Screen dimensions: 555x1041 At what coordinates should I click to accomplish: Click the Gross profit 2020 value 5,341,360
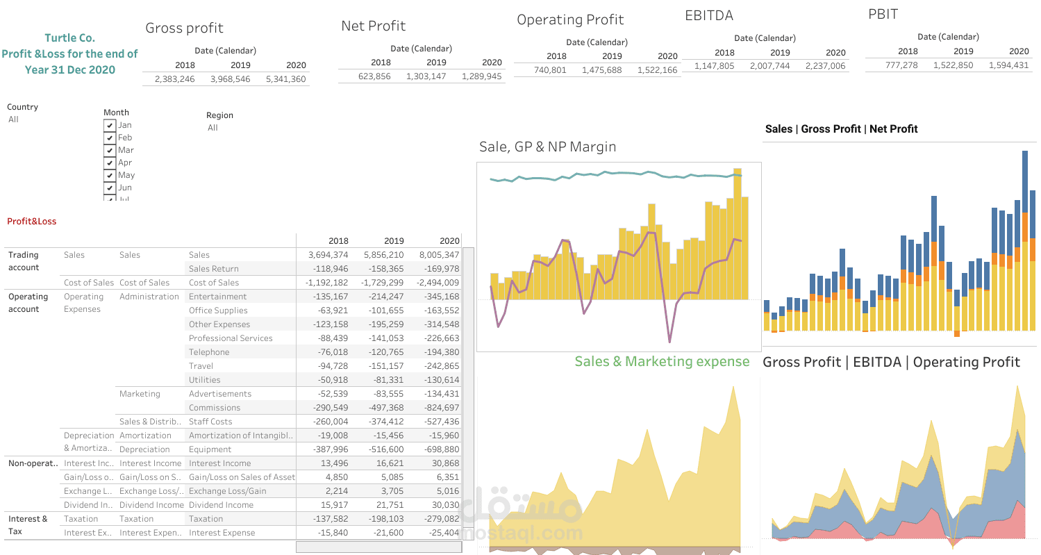pos(285,79)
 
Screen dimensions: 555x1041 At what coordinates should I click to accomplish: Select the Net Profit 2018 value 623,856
pos(374,76)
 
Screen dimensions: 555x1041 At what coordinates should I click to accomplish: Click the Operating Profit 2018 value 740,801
pos(550,70)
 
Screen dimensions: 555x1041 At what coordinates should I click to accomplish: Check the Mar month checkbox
pos(109,150)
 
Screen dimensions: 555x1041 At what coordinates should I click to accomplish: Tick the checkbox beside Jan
pos(109,125)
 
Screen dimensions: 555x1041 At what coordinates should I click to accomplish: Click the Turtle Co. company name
pos(69,38)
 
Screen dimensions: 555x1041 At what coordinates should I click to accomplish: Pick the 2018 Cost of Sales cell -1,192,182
pos(327,283)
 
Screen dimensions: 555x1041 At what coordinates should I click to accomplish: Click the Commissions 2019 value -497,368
pos(383,408)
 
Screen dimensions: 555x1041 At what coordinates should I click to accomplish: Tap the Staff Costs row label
pos(210,422)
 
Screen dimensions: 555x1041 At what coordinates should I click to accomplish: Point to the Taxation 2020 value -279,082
pos(438,519)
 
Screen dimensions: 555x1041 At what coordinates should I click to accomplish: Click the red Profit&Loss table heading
pos(31,222)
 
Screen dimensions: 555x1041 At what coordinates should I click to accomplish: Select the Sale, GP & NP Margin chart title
pos(547,147)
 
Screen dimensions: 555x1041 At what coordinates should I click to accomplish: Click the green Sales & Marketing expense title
pos(662,361)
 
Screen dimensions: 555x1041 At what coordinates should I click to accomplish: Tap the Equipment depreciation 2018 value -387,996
pos(327,449)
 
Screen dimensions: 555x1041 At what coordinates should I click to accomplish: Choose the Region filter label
pos(219,115)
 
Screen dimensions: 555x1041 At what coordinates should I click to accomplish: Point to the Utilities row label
pos(204,380)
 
